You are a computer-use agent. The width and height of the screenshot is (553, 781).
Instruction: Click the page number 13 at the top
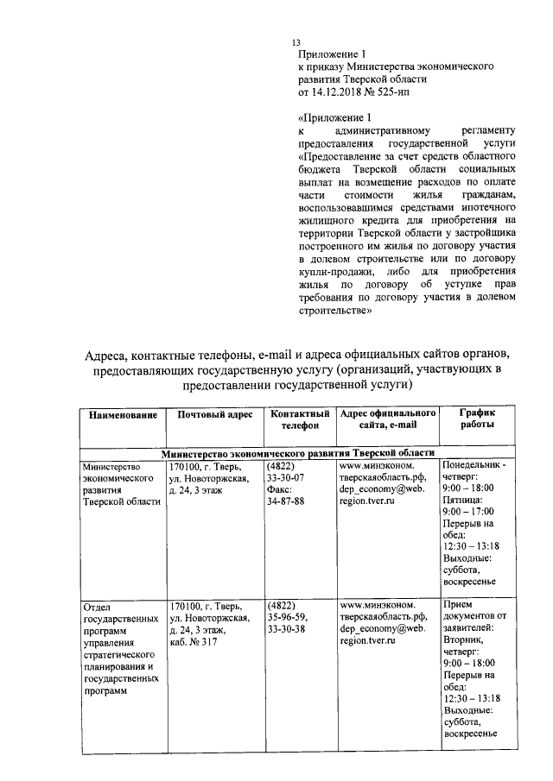[296, 42]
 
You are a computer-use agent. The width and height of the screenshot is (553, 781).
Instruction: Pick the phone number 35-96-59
[287, 617]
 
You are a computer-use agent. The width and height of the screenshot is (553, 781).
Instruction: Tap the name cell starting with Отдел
[121, 648]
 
